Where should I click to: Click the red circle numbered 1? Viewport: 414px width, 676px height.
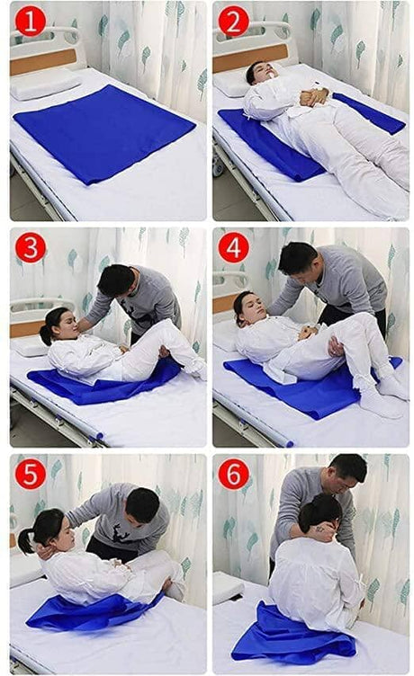tap(31, 22)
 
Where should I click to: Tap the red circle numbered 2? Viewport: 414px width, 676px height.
tap(233, 22)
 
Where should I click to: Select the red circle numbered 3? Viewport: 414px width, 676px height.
tap(31, 248)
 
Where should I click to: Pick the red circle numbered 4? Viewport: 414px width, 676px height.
tap(233, 248)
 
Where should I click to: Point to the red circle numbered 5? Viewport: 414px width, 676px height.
tap(31, 474)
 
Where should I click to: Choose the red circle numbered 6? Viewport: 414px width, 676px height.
tap(233, 474)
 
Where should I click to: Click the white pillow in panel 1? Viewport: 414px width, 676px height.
tap(45, 84)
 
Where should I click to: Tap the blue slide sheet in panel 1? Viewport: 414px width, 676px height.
tap(104, 132)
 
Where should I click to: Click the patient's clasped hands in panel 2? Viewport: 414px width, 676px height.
tap(314, 97)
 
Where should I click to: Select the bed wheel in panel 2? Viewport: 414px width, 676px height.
tap(218, 165)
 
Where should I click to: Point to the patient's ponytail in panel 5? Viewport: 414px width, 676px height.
tap(25, 540)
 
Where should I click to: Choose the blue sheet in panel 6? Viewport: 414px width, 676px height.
tap(293, 634)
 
